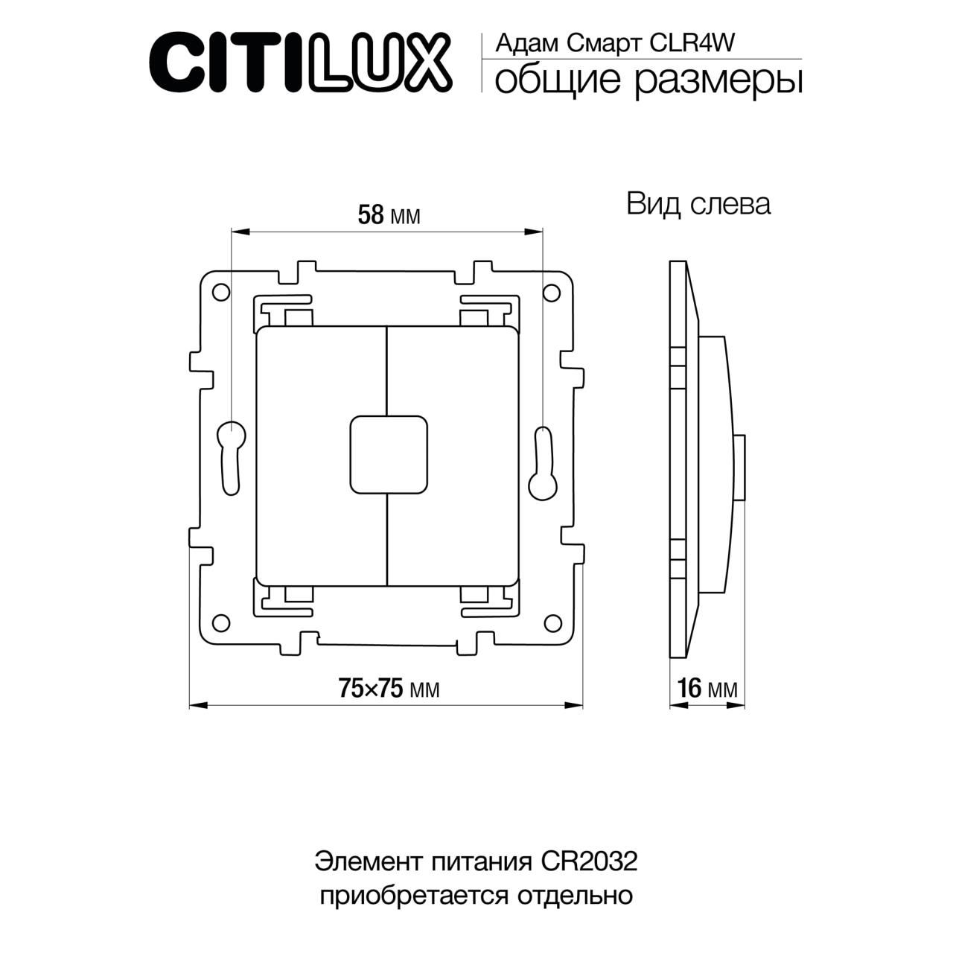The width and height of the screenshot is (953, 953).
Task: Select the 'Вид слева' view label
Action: [x=698, y=204]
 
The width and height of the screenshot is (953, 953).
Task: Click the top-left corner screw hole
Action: [x=220, y=292]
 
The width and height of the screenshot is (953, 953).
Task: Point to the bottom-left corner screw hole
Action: [x=220, y=622]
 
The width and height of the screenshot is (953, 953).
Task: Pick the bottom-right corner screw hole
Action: [x=552, y=622]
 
